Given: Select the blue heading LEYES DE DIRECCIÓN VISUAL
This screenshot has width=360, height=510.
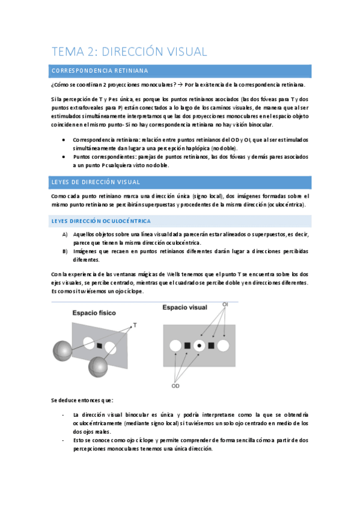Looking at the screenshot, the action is click(96, 182).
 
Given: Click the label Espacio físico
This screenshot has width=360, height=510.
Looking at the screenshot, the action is click(94, 313).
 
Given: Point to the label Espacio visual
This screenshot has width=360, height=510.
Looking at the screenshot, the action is click(186, 308).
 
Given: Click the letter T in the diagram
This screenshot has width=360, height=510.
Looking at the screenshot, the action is click(135, 325).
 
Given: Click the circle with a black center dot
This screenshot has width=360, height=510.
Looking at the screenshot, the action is click(199, 346).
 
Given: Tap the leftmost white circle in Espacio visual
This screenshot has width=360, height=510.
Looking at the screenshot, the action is click(175, 346).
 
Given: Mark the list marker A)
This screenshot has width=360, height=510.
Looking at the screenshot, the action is click(65, 235).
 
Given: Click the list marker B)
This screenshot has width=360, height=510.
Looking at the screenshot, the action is click(65, 251).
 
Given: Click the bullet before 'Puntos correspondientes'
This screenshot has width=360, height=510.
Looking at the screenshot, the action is click(65, 156).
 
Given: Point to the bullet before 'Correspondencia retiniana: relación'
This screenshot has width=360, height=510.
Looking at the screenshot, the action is click(65, 139).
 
